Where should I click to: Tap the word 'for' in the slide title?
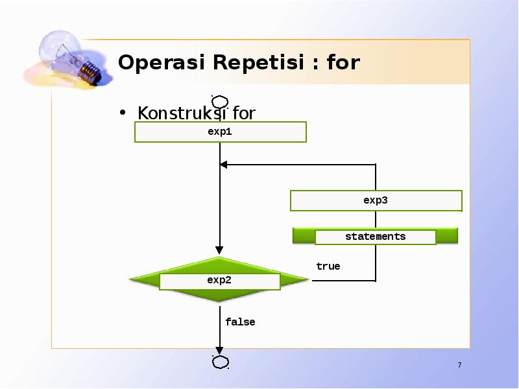point(343,63)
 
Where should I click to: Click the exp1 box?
point(220,132)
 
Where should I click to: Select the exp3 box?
point(376,200)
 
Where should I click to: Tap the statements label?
point(375,237)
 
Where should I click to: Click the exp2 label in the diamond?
point(219,281)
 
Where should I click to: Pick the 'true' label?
point(328,266)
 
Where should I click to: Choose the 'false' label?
point(240,322)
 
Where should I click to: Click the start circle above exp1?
point(220,102)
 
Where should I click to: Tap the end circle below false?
point(220,361)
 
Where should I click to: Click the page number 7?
point(459,366)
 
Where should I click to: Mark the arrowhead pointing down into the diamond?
point(220,250)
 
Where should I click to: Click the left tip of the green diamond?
point(132,280)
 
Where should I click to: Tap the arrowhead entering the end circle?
point(220,351)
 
